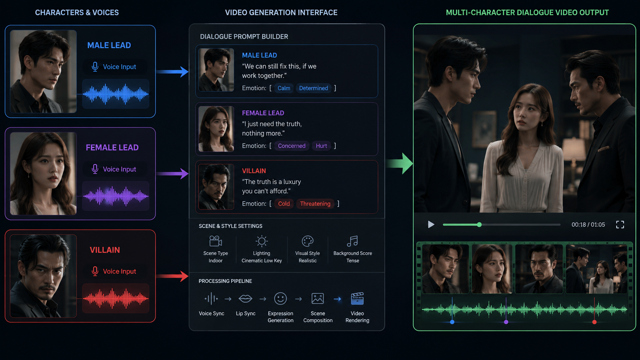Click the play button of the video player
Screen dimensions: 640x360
click(431, 225)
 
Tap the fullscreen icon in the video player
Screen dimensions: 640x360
click(620, 225)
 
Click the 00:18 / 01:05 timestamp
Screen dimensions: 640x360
click(588, 225)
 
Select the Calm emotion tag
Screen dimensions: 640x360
click(284, 88)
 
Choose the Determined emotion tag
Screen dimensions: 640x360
click(313, 88)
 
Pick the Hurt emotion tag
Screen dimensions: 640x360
click(321, 146)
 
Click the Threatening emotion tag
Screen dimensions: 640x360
click(315, 204)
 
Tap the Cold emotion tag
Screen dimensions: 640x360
click(284, 204)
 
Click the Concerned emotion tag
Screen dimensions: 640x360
click(292, 146)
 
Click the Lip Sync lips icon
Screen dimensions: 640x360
click(245, 299)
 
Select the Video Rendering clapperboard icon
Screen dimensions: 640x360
click(357, 299)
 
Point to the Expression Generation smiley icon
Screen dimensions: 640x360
click(280, 299)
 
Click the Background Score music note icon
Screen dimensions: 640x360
click(352, 241)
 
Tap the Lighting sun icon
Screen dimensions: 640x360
click(261, 241)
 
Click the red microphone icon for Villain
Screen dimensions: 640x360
click(95, 271)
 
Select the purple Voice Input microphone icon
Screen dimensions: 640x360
click(95, 169)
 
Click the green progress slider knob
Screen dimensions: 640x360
click(479, 225)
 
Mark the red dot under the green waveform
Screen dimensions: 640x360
click(594, 322)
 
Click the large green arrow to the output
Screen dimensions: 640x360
click(400, 164)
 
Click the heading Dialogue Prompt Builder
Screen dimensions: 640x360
click(244, 37)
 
